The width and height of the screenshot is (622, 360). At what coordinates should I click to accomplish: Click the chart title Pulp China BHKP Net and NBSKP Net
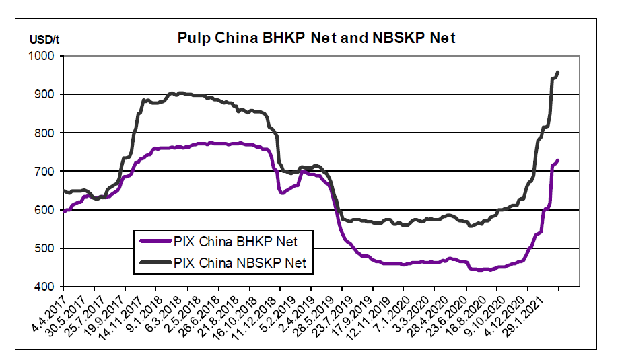[x=316, y=38]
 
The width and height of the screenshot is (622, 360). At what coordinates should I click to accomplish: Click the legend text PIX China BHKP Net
[x=235, y=240]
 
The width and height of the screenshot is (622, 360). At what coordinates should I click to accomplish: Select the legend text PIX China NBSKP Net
[x=240, y=262]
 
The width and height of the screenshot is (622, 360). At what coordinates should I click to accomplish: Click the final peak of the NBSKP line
[x=558, y=72]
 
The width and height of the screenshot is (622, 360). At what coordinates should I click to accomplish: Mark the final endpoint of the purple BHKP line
[x=558, y=160]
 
